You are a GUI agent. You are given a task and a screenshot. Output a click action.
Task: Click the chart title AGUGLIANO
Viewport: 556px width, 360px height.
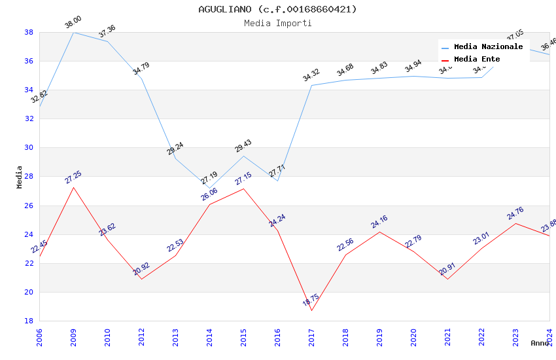(x=277, y=9)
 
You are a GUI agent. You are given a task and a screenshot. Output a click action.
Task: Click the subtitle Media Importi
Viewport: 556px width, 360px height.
(x=277, y=23)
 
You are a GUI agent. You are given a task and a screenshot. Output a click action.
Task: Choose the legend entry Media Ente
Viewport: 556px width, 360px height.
(x=477, y=59)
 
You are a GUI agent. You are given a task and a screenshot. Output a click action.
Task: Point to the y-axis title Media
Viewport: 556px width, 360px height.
(x=20, y=177)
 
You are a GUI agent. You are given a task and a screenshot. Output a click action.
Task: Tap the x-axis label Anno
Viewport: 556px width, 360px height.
(x=540, y=343)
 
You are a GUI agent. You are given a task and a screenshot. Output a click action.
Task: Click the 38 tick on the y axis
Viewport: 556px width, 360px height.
(x=29, y=32)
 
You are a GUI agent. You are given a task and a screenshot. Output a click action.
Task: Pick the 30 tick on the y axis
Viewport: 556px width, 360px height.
(x=29, y=147)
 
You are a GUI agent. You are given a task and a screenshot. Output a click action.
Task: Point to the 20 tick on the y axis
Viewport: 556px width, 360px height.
(x=29, y=292)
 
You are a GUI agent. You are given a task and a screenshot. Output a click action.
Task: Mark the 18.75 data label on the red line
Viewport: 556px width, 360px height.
(x=311, y=301)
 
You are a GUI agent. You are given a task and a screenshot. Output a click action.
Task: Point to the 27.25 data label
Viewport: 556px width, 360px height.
(x=73, y=178)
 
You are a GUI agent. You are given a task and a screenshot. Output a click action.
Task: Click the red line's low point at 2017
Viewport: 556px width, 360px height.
(x=311, y=310)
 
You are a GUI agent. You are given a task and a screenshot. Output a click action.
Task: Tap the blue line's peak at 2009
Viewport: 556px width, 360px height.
(x=73, y=32)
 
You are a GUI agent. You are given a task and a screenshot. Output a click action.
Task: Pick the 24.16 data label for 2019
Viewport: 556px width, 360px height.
(x=379, y=223)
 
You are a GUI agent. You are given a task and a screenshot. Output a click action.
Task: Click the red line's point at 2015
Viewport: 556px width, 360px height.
(x=243, y=189)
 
